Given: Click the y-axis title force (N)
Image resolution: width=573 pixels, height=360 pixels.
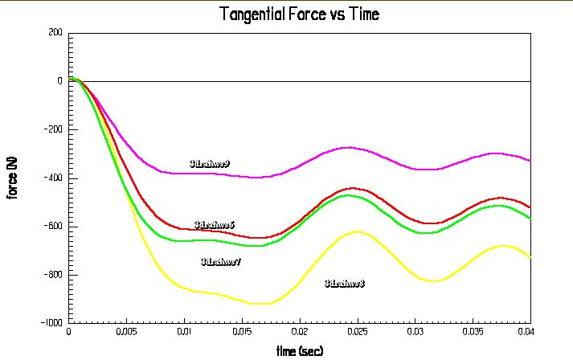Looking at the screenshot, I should (x=14, y=178).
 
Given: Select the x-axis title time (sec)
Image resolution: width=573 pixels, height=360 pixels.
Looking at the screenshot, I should (x=299, y=351).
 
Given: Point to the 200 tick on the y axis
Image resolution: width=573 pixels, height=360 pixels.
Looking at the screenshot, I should (x=55, y=33).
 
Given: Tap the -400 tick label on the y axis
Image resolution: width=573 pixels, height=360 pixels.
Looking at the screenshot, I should (x=53, y=178).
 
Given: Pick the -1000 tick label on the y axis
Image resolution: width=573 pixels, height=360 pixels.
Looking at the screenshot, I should (x=51, y=322).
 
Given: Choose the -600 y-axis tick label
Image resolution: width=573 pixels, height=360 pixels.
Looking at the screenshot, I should (x=53, y=226).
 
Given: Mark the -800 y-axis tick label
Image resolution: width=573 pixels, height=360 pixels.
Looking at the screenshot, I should (x=53, y=274).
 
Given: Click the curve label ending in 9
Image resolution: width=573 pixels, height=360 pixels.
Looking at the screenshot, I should (x=210, y=164).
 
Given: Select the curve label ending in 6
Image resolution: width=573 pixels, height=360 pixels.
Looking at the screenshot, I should (x=215, y=226).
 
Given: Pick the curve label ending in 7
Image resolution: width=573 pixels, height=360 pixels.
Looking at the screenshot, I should (x=221, y=262).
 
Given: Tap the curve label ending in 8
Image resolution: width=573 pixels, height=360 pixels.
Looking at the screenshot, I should (x=345, y=284).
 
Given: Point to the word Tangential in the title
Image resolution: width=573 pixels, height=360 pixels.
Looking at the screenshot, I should (x=252, y=14).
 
